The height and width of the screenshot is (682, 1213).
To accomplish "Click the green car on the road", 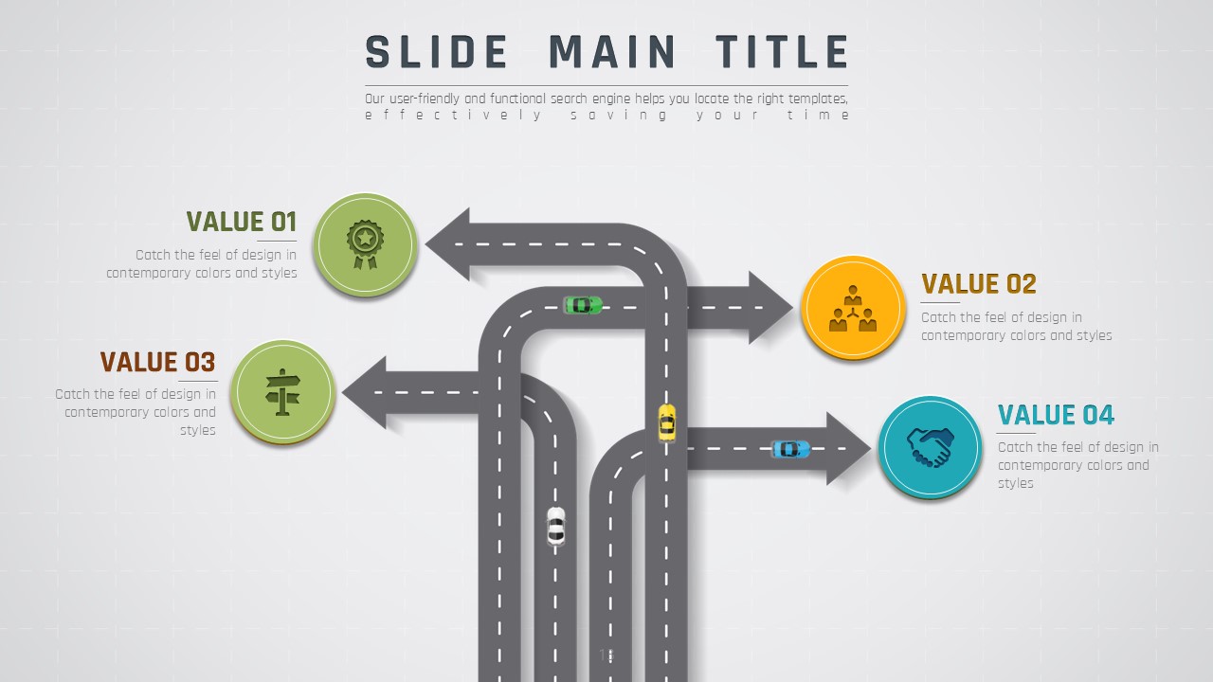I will (583, 305).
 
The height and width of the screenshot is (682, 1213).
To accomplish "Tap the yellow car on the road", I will (667, 422).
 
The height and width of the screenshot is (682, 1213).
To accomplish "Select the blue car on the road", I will (790, 448).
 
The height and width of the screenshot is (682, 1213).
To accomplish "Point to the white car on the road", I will (556, 526).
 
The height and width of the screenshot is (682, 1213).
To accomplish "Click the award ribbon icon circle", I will (365, 243).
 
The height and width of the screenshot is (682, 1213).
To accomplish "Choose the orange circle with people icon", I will (853, 307).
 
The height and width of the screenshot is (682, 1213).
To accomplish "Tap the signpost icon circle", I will (282, 390).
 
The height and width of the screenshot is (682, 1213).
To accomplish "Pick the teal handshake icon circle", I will (930, 447).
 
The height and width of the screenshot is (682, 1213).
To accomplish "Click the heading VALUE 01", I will (242, 222).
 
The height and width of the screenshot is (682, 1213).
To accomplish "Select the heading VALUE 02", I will (979, 284).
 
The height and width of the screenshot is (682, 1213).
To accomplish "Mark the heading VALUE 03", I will (157, 362).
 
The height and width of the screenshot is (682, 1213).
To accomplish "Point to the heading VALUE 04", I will (1056, 415).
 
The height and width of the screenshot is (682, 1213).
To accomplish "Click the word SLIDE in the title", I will (437, 52).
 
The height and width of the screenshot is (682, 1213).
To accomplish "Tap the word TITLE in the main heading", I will (782, 52).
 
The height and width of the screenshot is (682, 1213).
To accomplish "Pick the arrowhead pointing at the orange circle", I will (769, 307).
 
